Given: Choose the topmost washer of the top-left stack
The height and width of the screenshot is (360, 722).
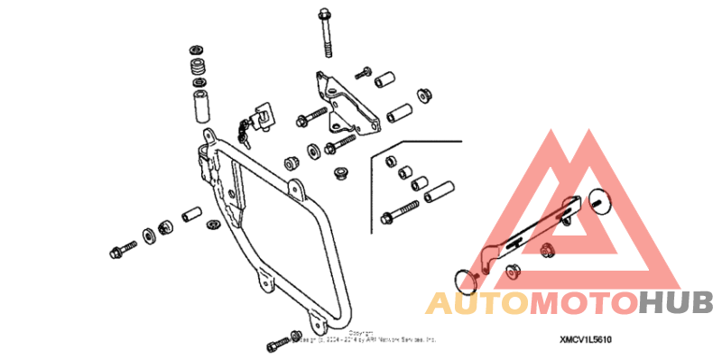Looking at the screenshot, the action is [196, 49].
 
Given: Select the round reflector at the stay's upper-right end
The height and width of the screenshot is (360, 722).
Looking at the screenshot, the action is [601, 199].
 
